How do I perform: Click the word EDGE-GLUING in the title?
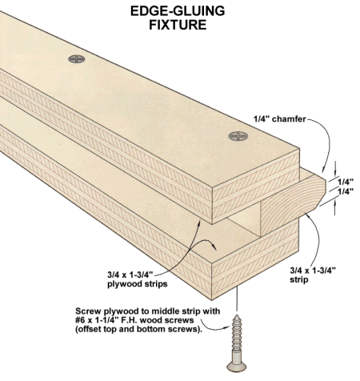click(178, 11)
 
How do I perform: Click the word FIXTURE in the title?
click(178, 25)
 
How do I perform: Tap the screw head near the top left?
click(77, 59)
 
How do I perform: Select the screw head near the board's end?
click(238, 136)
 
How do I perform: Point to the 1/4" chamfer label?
click(279, 119)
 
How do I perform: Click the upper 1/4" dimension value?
click(346, 182)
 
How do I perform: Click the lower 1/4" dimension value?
click(346, 191)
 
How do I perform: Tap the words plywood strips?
click(138, 283)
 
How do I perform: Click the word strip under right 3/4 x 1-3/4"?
click(299, 279)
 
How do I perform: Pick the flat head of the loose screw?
click(237, 367)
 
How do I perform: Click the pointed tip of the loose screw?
click(237, 315)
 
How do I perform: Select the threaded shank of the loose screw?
click(237, 334)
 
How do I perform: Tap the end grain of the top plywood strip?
click(255, 186)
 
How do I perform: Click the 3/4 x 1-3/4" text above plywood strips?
click(130, 275)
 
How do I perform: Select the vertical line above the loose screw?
click(237, 299)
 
